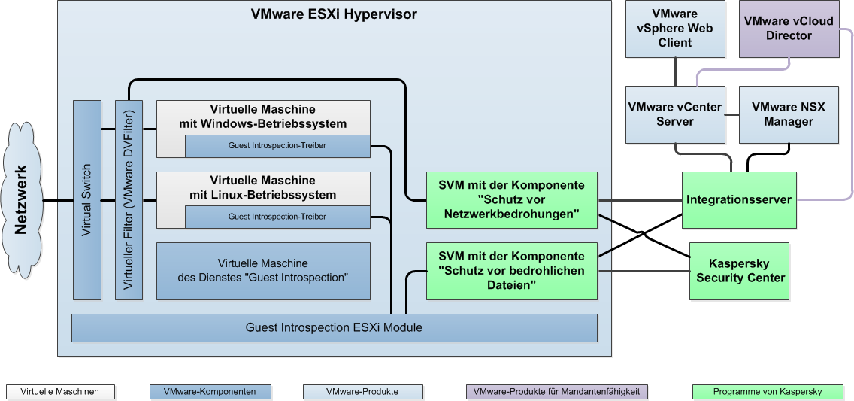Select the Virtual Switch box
[86, 199]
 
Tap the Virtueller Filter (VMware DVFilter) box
[129, 199]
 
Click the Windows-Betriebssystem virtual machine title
[263, 117]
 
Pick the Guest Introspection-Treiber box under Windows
[277, 146]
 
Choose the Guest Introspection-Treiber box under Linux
[277, 217]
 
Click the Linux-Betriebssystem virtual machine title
[263, 188]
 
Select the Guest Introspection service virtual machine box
[263, 271]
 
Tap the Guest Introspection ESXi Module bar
[334, 327]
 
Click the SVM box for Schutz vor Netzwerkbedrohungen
[511, 199]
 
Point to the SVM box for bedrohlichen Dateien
[511, 270]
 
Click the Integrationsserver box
[738, 200]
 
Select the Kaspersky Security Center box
[740, 271]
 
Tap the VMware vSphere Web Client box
[674, 29]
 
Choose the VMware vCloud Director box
[788, 29]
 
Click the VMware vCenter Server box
[674, 114]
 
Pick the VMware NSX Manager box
[788, 114]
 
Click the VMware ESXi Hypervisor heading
[334, 14]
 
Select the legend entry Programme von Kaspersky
[768, 392]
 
